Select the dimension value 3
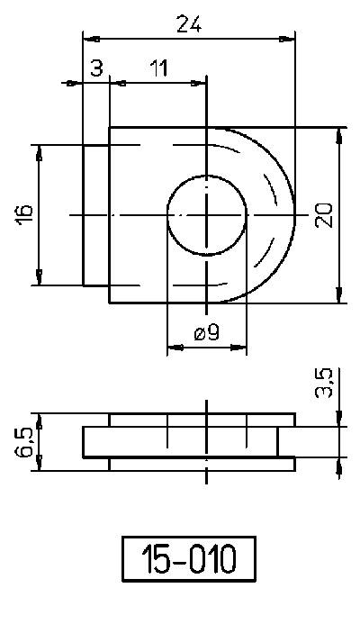[96, 69]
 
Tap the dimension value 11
[158, 69]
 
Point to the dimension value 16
[24, 213]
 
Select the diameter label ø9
[206, 333]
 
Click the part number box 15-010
[188, 559]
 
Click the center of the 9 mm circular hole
[208, 214]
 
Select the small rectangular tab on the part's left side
[96, 214]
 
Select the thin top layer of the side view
[202, 421]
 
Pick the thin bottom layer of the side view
[202, 464]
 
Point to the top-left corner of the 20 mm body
[110, 127]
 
